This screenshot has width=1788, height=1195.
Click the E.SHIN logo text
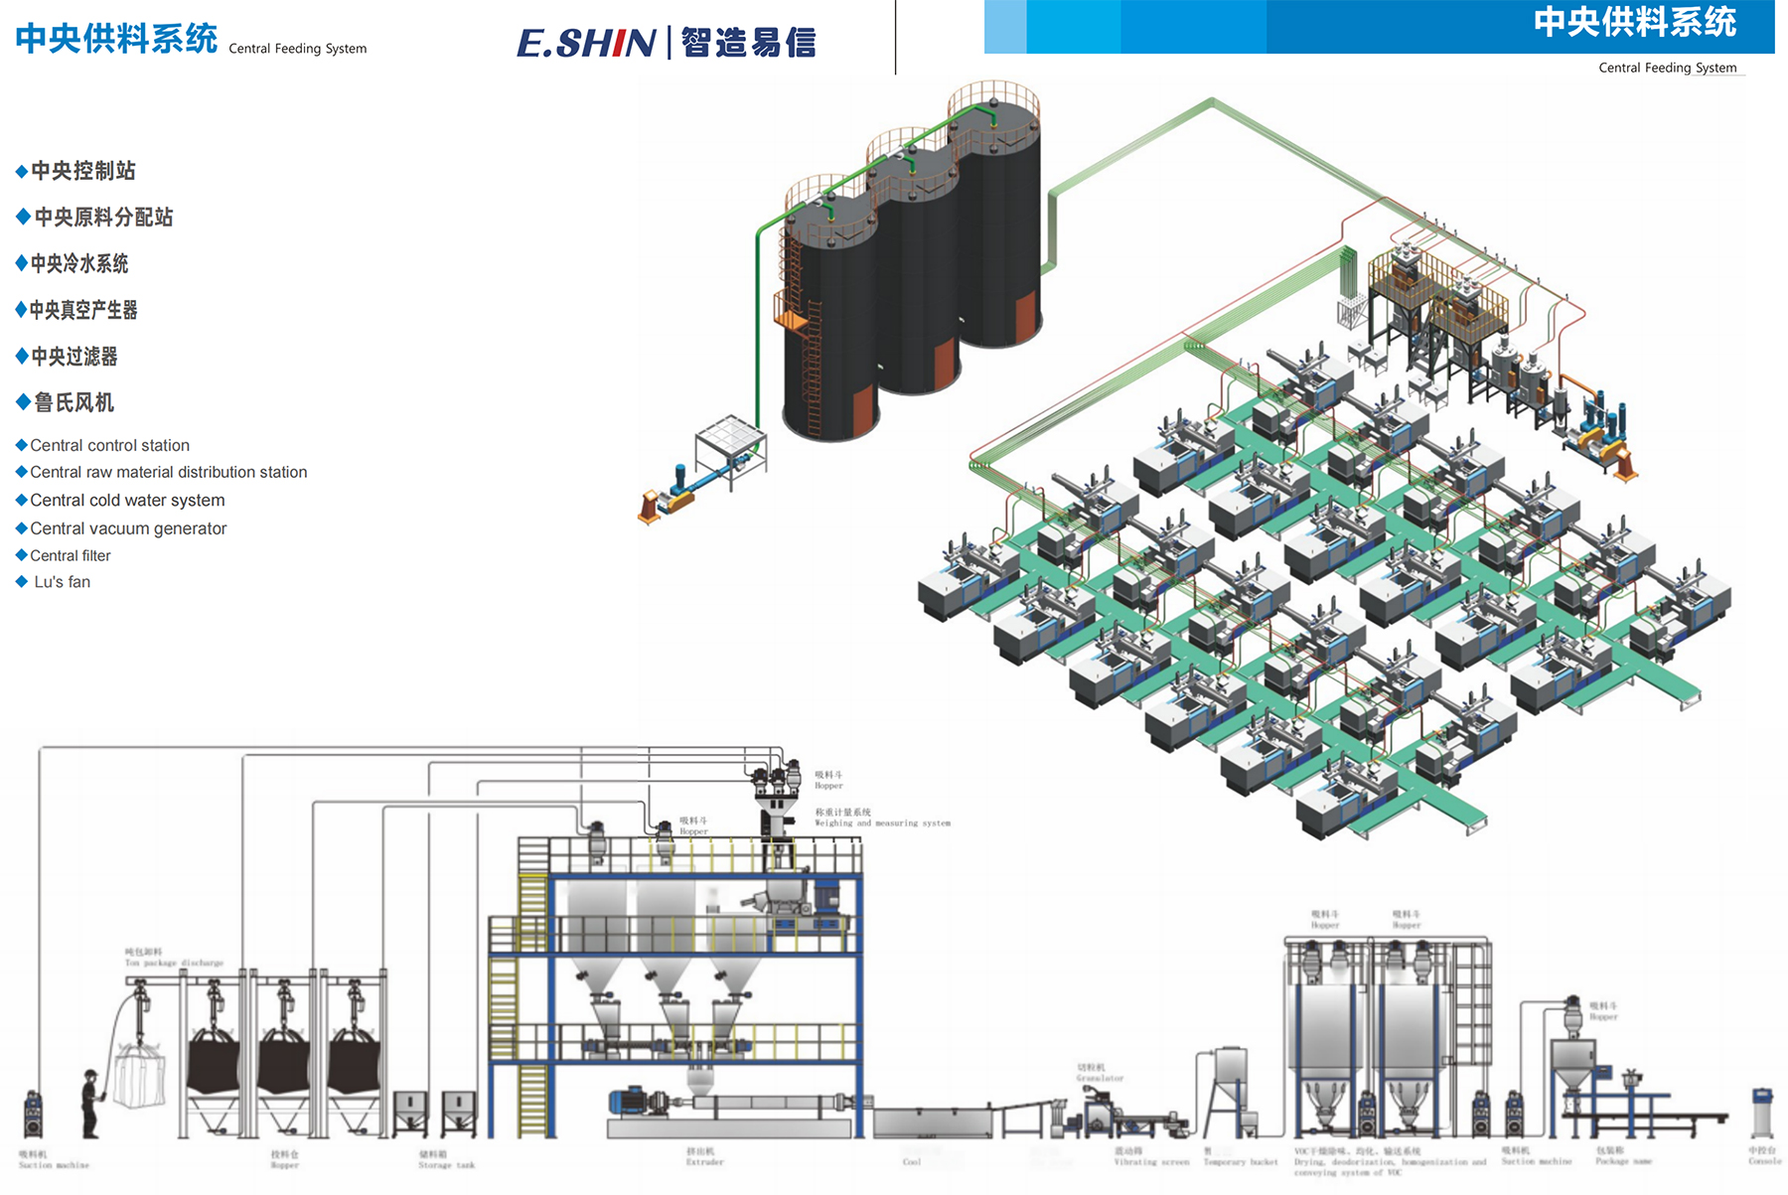coord(586,43)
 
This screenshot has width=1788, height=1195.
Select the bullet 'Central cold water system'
coord(127,501)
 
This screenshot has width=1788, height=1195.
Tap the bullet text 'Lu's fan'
coord(62,582)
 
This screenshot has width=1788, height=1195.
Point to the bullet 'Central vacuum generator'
coord(128,528)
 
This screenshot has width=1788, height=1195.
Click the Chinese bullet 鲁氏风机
coord(74,402)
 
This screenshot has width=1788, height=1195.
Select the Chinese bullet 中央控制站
coord(83,171)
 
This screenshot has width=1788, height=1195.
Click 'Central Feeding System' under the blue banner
coord(1667,68)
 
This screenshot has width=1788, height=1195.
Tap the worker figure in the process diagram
coord(91,1104)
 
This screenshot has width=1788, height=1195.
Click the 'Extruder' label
coord(704,1161)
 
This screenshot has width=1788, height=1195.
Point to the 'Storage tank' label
coord(446,1165)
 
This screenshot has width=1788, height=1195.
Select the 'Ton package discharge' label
coord(174,963)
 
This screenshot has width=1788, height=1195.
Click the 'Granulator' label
coord(1100,1078)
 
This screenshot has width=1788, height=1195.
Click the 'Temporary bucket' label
coord(1241,1161)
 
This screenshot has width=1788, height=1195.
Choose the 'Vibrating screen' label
coord(1151,1161)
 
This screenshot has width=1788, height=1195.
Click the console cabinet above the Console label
coord(1762,1114)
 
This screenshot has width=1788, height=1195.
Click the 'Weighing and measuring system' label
coord(882,823)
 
